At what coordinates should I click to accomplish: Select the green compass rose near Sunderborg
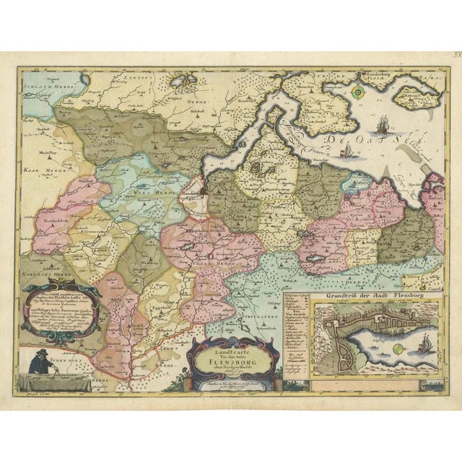coord(358,92)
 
